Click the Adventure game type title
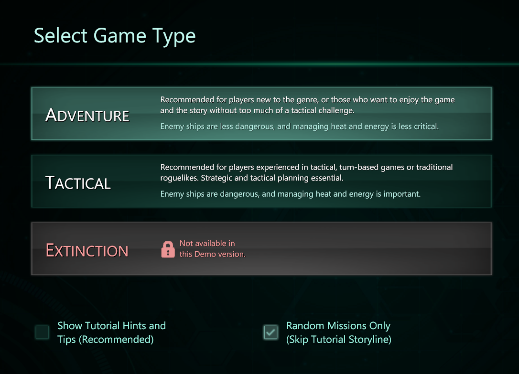tap(87, 116)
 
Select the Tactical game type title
tap(78, 183)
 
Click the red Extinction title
tap(87, 250)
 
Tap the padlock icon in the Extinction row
tap(168, 249)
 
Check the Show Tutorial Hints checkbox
tap(43, 332)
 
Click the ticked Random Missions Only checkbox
tap(271, 332)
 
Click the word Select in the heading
tap(61, 35)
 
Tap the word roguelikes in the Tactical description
tap(179, 178)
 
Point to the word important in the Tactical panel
tap(402, 194)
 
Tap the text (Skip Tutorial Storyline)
tap(339, 340)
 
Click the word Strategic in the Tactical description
tap(216, 178)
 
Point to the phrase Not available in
tap(207, 244)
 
